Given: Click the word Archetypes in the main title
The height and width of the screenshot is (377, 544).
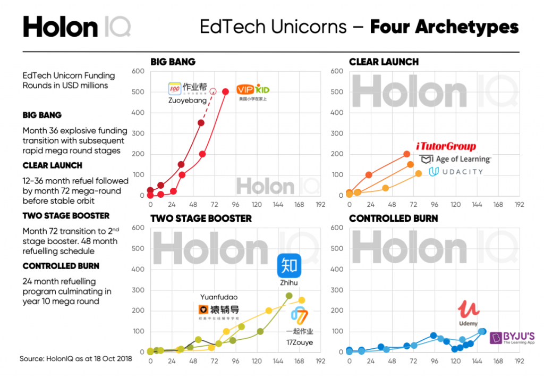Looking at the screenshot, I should pyautogui.click(x=444, y=27).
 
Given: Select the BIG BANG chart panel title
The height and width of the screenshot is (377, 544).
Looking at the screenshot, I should pyautogui.click(x=173, y=62).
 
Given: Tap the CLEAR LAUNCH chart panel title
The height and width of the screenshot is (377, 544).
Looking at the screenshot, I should pyautogui.click(x=384, y=62).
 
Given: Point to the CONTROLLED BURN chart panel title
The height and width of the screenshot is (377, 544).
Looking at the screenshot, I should pyautogui.click(x=393, y=219).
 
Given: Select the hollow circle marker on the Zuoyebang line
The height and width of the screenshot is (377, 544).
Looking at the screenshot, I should pyautogui.click(x=213, y=91).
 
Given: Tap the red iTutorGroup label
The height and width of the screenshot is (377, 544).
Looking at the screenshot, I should pyautogui.click(x=446, y=146).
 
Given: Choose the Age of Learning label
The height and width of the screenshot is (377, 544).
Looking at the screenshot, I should pyautogui.click(x=455, y=159).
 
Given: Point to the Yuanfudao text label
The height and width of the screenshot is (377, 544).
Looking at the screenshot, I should pyautogui.click(x=218, y=297).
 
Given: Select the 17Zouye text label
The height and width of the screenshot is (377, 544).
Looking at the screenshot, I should pyautogui.click(x=299, y=342).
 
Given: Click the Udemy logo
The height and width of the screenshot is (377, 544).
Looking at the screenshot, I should pyautogui.click(x=468, y=312).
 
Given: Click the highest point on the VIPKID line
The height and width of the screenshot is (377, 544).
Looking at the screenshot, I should pyautogui.click(x=225, y=91).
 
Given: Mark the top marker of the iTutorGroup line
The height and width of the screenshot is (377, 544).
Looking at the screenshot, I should pyautogui.click(x=407, y=154).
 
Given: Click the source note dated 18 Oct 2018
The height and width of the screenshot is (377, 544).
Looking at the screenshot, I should pyautogui.click(x=75, y=358).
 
